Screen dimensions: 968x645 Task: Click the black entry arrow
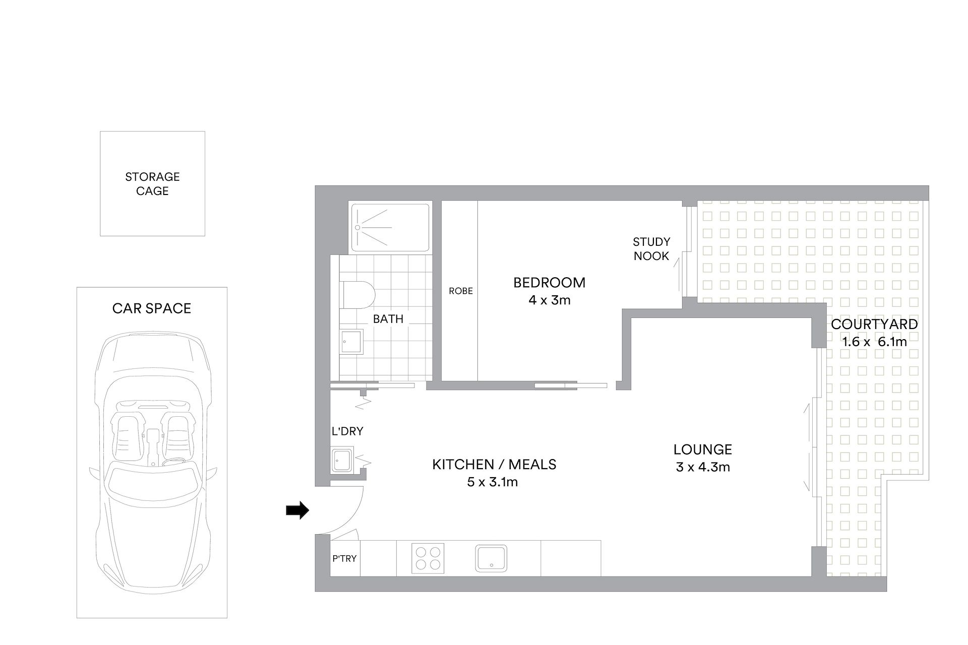coord(297,510)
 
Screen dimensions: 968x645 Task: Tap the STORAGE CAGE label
coord(152,184)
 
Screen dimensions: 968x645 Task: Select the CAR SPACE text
coord(152,308)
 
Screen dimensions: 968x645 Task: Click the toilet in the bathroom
coord(358,295)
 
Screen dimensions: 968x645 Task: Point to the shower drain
coord(357,227)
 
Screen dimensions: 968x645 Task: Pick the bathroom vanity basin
coord(351,342)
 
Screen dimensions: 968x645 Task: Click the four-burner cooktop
coord(428,558)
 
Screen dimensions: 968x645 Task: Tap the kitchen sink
coord(491,558)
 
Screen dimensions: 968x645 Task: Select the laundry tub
coord(342,459)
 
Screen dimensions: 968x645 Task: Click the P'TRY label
coord(344,558)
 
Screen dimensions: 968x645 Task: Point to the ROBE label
coord(461,291)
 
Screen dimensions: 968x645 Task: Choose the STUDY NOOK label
coord(651,249)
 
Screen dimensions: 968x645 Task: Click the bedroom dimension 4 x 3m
coord(550,300)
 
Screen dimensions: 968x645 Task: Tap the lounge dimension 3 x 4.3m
coord(703,467)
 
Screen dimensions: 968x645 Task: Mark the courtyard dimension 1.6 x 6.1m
coord(874,342)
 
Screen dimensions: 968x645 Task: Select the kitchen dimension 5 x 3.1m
coord(493,482)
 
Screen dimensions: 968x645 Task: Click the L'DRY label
coord(347,431)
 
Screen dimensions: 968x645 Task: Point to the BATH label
coord(388,319)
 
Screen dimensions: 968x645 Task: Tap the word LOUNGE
coord(703,449)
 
